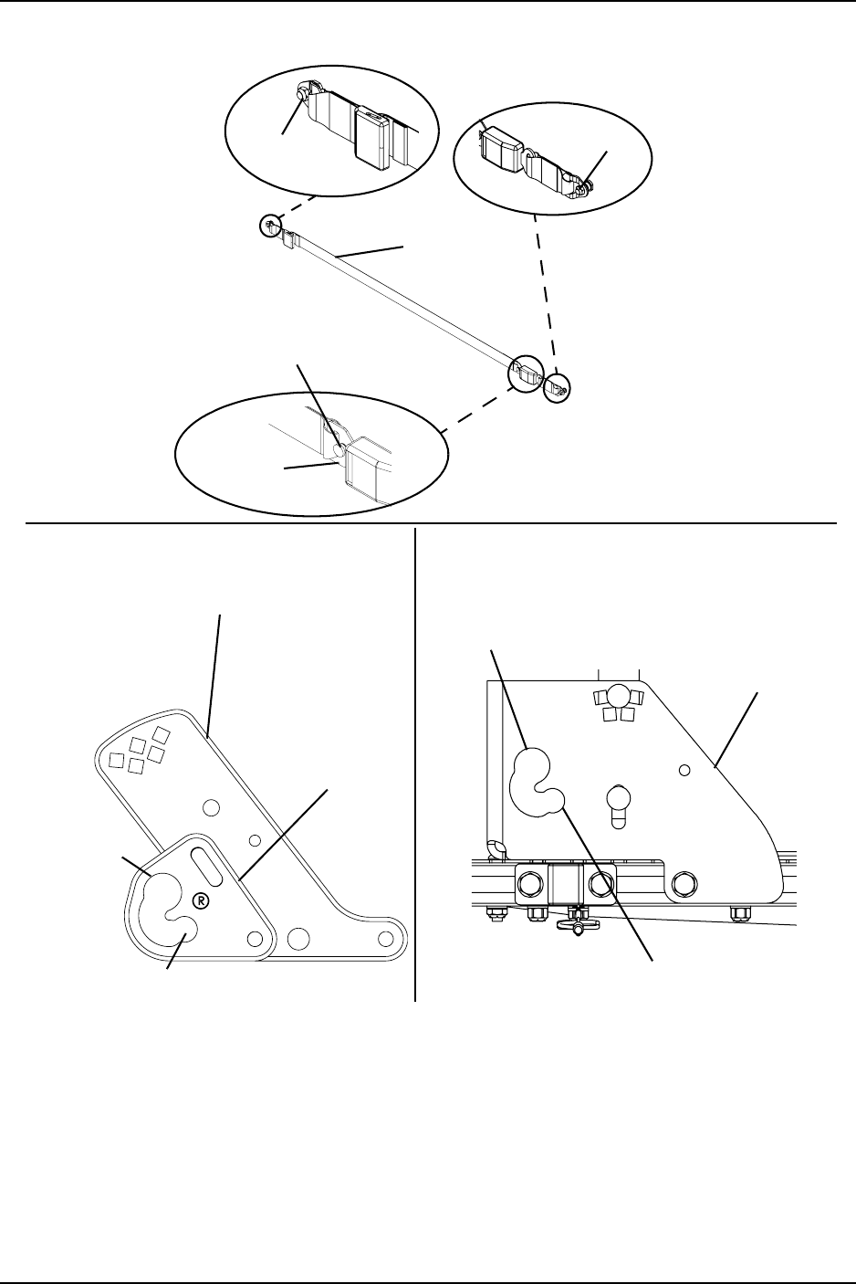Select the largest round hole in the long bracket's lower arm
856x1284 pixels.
(x=296, y=938)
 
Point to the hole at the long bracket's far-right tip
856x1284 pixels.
(x=386, y=938)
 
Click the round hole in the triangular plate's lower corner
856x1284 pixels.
(x=256, y=938)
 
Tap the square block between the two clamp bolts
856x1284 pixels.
(x=564, y=884)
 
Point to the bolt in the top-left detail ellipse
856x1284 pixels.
(x=303, y=94)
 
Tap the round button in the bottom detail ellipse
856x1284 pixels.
(x=339, y=449)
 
